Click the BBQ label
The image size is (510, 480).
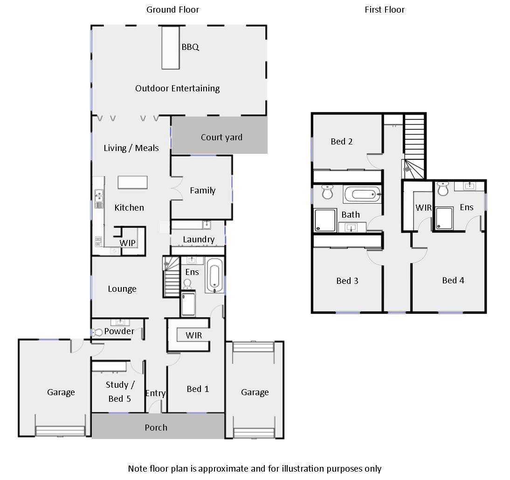[190, 47]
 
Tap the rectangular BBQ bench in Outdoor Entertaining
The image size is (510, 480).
[171, 48]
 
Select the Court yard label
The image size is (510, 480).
[221, 137]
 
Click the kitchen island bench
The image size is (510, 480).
[133, 182]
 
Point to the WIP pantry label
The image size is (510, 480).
[128, 243]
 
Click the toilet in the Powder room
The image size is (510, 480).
[97, 332]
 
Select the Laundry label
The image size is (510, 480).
[199, 240]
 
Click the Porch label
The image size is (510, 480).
[156, 428]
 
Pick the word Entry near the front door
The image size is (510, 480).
[156, 393]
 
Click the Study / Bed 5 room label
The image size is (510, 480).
[120, 391]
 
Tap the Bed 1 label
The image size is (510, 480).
[198, 389]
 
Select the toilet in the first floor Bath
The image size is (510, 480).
[327, 192]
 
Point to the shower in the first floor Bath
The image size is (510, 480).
[325, 220]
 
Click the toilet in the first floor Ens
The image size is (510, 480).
[443, 189]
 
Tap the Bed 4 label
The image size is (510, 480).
[453, 281]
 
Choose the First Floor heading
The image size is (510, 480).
[385, 10]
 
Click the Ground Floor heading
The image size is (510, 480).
[172, 10]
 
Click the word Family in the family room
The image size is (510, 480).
[203, 191]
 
